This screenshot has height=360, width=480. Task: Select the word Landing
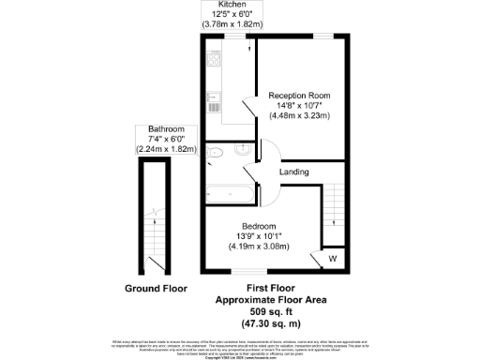click(x=294, y=172)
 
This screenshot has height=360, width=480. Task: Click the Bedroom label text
click(x=258, y=226)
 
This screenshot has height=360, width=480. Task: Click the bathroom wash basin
click(x=242, y=149)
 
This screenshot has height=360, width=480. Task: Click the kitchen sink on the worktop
click(x=214, y=96)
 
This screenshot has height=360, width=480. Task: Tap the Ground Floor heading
click(x=156, y=288)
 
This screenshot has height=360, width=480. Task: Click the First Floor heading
click(x=277, y=288)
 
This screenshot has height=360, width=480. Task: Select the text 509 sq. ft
click(x=277, y=310)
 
